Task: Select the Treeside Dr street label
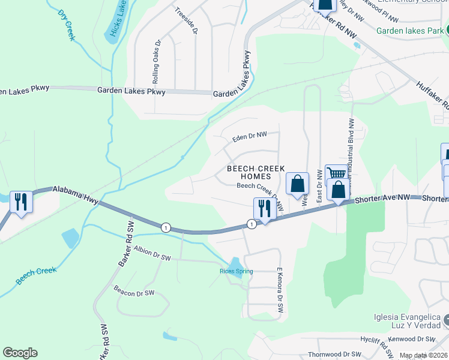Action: point(186,21)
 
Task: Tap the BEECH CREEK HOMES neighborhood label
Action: point(256,173)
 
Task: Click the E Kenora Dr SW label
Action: point(279,290)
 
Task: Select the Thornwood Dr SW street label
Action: point(334,355)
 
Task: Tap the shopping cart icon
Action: point(336,173)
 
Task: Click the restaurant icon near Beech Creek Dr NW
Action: point(262,208)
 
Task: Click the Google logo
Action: point(20,353)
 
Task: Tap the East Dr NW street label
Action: point(320,193)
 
